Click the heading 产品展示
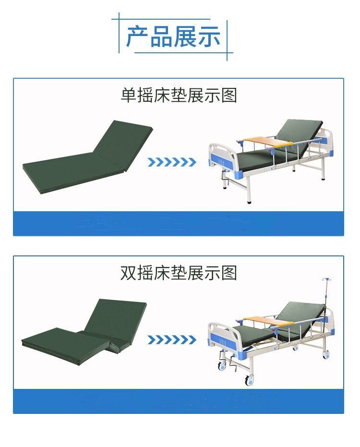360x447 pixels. pyautogui.click(x=173, y=36)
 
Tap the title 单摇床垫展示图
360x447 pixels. pyautogui.click(x=179, y=95)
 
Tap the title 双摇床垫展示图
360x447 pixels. pyautogui.click(x=179, y=273)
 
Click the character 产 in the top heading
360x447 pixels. pyautogui.click(x=137, y=36)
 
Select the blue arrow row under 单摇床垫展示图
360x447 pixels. pyautogui.click(x=172, y=162)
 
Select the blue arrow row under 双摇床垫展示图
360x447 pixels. pyautogui.click(x=172, y=340)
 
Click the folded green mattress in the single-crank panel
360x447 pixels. pyautogui.click(x=88, y=157)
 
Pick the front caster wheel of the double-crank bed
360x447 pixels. pyautogui.click(x=250, y=380)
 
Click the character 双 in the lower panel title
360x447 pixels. pyautogui.click(x=128, y=273)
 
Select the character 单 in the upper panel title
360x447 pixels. pyautogui.click(x=129, y=95)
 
